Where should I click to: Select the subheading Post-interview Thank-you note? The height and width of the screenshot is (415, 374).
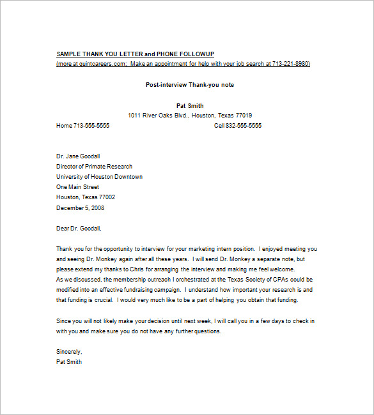point(189,85)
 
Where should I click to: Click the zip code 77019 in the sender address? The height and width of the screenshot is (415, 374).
point(244,116)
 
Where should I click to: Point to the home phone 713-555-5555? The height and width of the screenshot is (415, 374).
point(91,126)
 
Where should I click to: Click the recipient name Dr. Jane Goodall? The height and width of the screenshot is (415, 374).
point(78,156)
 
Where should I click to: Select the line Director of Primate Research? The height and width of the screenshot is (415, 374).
point(95,167)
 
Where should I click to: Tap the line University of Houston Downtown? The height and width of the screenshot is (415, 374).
point(99,177)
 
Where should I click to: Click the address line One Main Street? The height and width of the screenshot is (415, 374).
point(77,187)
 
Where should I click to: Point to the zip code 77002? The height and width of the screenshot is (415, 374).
point(105,197)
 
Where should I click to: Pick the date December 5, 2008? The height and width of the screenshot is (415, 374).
point(80,207)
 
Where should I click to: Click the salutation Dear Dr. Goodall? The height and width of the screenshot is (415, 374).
point(79,228)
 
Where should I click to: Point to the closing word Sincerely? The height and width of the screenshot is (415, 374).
point(69,352)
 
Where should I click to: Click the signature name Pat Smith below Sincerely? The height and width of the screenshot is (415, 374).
point(69,362)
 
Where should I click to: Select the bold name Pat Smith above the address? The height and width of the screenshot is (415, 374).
point(189,105)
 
